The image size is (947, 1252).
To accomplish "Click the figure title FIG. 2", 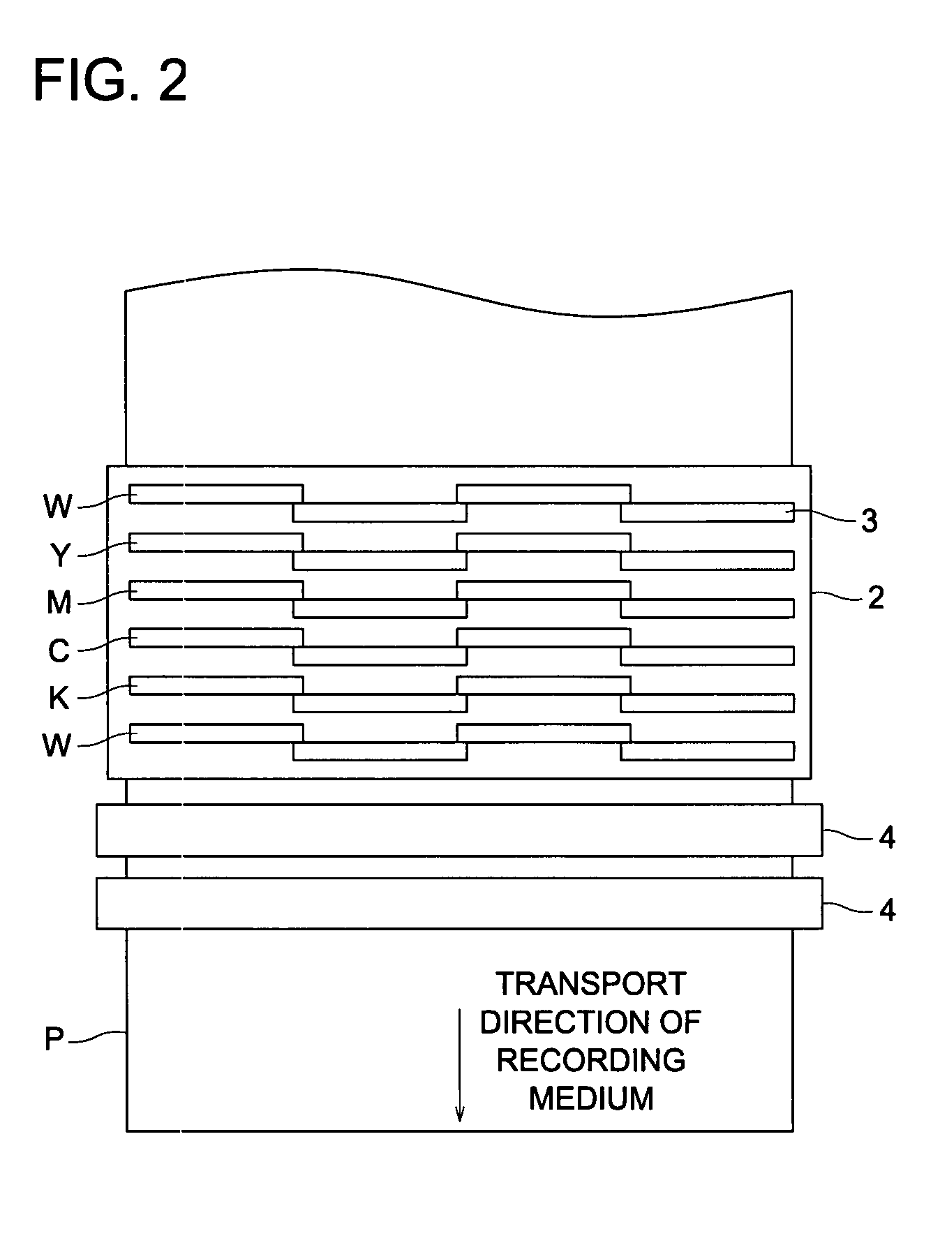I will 110,81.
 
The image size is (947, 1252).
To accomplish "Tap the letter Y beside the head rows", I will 61,556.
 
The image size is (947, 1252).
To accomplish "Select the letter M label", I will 59,603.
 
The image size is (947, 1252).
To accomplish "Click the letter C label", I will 59,651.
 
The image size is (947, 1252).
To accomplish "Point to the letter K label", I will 59,698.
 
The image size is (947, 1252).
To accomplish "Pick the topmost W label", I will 57,507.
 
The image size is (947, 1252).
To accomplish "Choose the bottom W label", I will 57,746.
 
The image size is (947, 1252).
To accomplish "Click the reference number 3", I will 868,521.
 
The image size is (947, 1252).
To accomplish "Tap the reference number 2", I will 875,598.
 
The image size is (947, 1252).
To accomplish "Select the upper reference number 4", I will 886,837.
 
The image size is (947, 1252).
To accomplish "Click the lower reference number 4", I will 886,911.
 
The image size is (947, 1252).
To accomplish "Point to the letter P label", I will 54,1040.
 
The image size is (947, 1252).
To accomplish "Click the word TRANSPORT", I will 590,984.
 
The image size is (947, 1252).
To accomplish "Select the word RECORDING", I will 590,1060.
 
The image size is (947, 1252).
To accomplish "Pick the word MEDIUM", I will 590,1098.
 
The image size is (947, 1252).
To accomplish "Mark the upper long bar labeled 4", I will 459,830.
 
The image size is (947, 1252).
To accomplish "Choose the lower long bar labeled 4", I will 459,903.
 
